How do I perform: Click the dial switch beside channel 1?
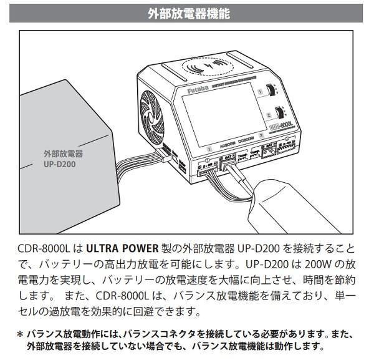pyautogui.click(x=272, y=91)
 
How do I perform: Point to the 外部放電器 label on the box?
pyautogui.click(x=62, y=153)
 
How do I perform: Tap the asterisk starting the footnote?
pyautogui.click(x=20, y=334)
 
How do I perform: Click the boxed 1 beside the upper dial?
pyautogui.click(x=260, y=92)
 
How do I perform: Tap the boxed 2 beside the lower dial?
pyautogui.click(x=267, y=115)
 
